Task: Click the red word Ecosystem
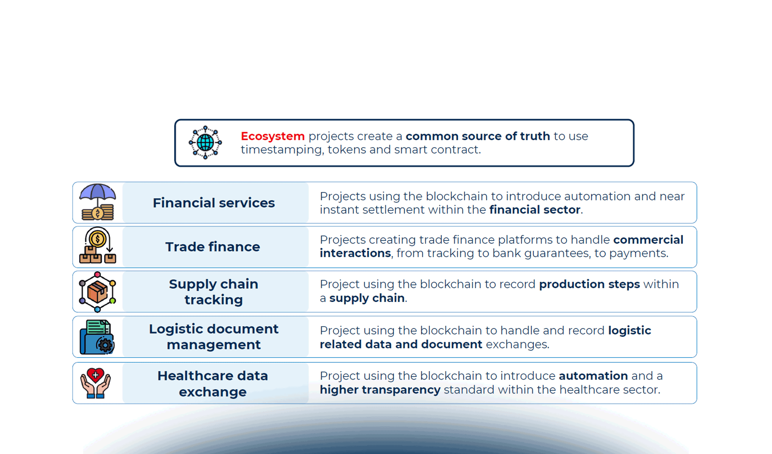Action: click(272, 136)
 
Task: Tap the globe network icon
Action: click(205, 143)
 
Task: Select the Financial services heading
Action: click(214, 203)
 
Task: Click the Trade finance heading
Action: click(213, 247)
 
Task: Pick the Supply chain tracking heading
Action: click(214, 292)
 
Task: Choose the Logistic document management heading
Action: click(214, 337)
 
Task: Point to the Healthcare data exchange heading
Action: click(213, 384)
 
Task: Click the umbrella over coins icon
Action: click(98, 202)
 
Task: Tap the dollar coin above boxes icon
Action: click(98, 246)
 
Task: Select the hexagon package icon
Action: click(97, 292)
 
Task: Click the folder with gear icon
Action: click(97, 337)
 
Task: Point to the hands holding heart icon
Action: click(95, 383)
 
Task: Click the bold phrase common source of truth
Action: click(478, 136)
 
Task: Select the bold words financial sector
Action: click(535, 210)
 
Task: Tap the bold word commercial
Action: click(648, 240)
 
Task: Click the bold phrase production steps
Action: click(589, 284)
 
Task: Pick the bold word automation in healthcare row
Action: click(593, 376)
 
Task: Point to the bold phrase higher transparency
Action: click(380, 390)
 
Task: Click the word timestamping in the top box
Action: click(282, 150)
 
